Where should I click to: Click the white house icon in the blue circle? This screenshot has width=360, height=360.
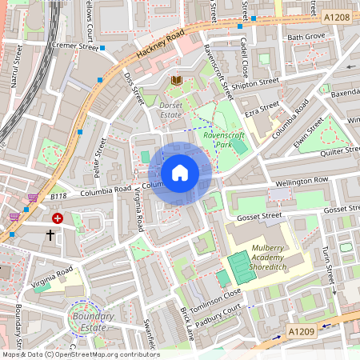pos(180,173)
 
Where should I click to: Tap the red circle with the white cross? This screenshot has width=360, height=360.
pos(58,218)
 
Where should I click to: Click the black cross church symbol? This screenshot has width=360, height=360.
pos(50,235)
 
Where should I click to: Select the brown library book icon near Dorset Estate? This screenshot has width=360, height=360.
pos(176,80)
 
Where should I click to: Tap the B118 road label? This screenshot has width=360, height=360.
pos(58,196)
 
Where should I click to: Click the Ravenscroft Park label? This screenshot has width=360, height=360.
pos(228,141)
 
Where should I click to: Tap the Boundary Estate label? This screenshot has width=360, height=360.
pos(91,321)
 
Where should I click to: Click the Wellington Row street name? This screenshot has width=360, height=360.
pos(302,182)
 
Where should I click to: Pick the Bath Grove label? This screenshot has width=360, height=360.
pos(306,37)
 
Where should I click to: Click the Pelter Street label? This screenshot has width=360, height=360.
pos(100,158)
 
